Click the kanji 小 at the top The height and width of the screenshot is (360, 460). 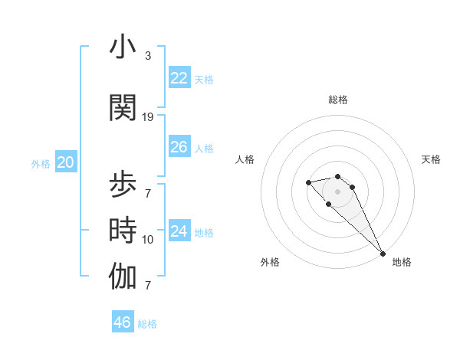click(123, 47)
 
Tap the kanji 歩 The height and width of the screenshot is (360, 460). click(123, 186)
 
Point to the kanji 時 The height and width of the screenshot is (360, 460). click(123, 231)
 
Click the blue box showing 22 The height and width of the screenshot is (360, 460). click(179, 78)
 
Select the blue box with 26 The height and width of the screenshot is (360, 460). click(179, 147)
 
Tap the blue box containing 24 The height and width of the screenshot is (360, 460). click(179, 231)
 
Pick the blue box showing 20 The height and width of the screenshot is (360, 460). click(66, 162)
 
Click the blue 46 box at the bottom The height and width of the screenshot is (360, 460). click(123, 322)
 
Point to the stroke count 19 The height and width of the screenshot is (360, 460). click(148, 116)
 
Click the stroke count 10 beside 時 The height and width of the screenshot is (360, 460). click(148, 240)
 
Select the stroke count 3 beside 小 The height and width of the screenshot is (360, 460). click(148, 56)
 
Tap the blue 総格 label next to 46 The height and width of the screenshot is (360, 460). click(147, 324)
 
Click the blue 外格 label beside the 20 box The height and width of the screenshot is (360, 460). click(41, 163)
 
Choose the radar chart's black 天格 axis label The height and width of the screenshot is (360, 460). click(432, 159)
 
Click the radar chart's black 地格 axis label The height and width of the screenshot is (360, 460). click(402, 262)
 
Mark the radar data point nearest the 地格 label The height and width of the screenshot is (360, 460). click(383, 253)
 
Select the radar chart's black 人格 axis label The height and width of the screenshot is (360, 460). click(245, 159)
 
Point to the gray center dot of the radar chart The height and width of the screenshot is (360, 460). click(337, 191)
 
